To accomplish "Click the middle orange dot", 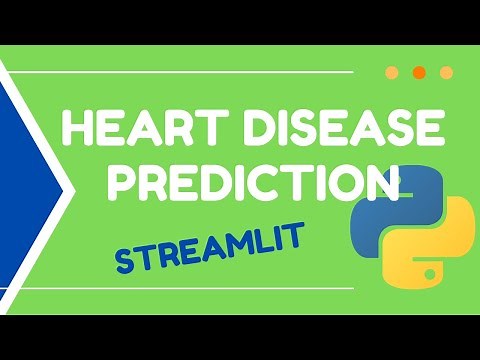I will coord(419,72).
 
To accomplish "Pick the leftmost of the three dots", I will coord(392,72).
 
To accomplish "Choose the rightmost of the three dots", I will coord(446,72).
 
